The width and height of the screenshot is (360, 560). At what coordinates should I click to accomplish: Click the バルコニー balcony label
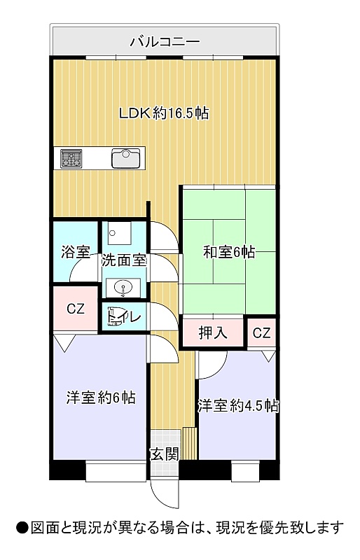coord(165,42)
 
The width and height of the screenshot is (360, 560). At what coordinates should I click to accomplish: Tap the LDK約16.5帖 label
coord(164,113)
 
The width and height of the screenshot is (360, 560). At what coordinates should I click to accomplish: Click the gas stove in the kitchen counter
coord(71,158)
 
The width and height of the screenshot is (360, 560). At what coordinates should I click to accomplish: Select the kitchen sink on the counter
coord(125,158)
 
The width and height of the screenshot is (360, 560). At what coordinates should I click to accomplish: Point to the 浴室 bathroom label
coord(75,252)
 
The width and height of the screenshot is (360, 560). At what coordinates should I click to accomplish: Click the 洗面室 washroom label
coord(124,260)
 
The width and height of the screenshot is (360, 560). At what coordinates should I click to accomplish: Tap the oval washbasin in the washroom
coord(123,288)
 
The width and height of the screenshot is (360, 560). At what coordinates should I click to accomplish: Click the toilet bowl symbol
coord(115,316)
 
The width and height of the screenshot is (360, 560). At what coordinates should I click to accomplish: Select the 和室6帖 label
coord(229,253)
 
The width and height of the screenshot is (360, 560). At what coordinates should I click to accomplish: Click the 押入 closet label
coord(213,333)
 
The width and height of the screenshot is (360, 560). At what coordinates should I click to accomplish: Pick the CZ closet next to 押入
coord(262,333)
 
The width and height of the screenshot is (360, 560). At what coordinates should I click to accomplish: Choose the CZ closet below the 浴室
coord(76,309)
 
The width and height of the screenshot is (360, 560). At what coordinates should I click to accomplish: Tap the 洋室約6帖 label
coord(101,398)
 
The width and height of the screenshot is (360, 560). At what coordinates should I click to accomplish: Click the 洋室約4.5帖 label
coord(238,406)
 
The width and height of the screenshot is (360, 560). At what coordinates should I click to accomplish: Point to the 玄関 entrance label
coord(164,454)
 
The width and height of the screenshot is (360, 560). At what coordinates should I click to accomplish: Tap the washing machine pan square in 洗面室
coord(119,233)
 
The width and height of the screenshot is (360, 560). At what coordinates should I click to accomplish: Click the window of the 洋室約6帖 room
coord(116,471)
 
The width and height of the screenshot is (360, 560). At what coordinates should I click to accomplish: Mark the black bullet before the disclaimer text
coord(22,528)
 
